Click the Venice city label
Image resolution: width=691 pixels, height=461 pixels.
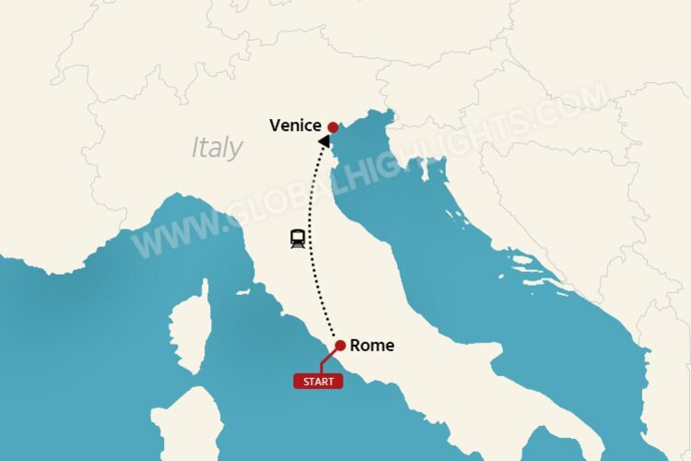click(295, 125)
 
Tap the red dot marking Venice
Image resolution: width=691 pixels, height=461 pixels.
click(333, 127)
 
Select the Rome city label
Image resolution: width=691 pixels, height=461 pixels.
click(372, 346)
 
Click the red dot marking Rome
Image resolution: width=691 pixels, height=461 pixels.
click(340, 346)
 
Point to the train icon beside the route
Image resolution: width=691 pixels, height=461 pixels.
click(298, 239)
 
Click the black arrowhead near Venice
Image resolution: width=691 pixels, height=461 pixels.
click(325, 141)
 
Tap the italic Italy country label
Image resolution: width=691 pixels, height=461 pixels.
click(217, 148)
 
